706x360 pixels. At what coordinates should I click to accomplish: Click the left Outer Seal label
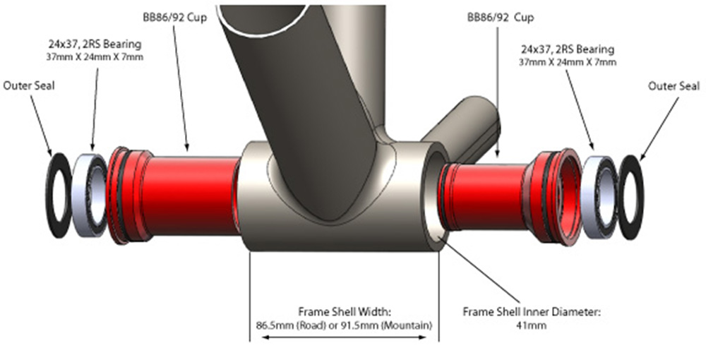click(x=29, y=85)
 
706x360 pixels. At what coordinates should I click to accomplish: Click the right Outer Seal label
click(x=674, y=85)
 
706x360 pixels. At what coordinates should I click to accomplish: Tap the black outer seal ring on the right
click(x=631, y=197)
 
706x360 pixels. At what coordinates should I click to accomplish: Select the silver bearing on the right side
click(x=599, y=198)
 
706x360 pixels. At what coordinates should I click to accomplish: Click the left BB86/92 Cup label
click(x=174, y=18)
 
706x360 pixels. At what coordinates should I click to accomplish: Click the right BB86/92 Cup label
click(x=501, y=18)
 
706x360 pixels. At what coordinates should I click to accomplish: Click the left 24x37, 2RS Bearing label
click(x=95, y=44)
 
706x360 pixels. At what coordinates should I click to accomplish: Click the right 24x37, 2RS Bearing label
click(x=568, y=49)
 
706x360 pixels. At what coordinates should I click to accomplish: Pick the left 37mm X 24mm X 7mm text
click(x=95, y=57)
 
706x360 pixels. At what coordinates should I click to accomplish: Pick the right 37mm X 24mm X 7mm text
click(x=568, y=62)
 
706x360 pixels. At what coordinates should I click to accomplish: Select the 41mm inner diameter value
click(x=532, y=325)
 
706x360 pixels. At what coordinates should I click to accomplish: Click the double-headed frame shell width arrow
click(x=344, y=337)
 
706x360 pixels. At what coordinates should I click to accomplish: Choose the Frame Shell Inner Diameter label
click(x=532, y=312)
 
